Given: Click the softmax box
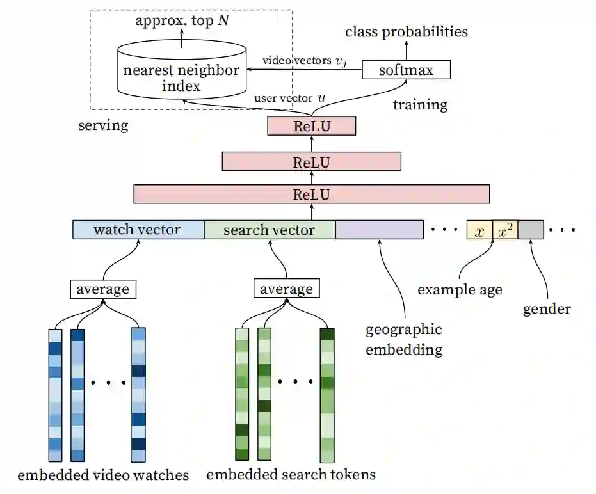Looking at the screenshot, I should (x=406, y=69).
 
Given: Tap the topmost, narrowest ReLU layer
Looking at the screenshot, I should (x=311, y=126).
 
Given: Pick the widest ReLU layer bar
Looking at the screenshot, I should (x=311, y=194).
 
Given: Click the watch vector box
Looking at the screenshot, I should (x=138, y=230).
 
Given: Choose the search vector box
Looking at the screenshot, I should (x=269, y=230).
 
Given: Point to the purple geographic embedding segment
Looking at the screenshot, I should (x=379, y=230).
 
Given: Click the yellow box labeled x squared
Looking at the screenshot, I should (x=505, y=230).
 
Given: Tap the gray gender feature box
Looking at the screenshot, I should (x=531, y=230).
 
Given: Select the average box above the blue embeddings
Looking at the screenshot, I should (x=102, y=289).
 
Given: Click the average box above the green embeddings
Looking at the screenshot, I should (x=286, y=289).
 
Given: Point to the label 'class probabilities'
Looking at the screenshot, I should (x=407, y=31).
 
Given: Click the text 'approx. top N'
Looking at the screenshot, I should (x=181, y=20).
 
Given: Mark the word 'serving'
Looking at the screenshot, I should (x=103, y=125).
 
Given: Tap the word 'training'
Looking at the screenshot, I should (x=420, y=104).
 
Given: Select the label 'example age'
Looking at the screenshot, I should (x=460, y=289).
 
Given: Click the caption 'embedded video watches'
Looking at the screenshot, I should (x=103, y=475).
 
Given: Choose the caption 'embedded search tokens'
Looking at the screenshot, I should (x=291, y=474).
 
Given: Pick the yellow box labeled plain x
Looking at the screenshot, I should (x=479, y=230).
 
